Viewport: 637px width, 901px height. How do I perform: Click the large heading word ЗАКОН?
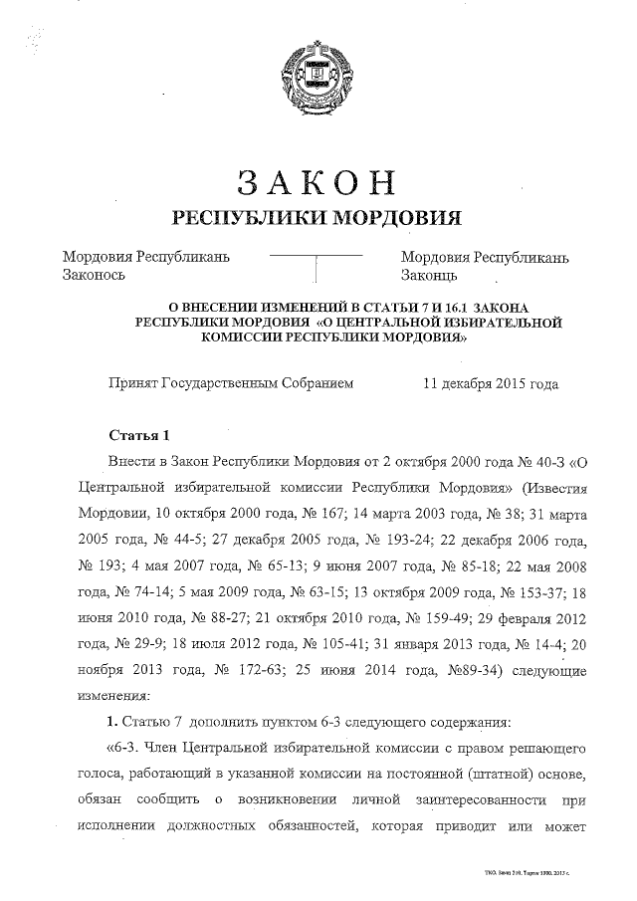318,182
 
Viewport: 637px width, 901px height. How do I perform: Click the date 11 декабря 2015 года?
491,383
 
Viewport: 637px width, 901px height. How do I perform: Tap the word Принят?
132,383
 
